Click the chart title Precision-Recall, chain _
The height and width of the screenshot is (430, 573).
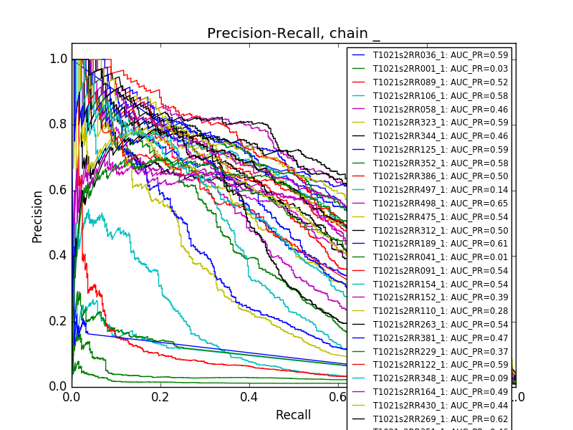(294, 34)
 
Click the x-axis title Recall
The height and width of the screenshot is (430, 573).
(293, 415)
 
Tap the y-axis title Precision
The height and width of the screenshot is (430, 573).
(38, 216)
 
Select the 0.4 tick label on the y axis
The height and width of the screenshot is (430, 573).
(59, 255)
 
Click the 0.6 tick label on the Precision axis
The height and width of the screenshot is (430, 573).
(59, 190)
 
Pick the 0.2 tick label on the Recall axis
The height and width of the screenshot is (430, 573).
(160, 396)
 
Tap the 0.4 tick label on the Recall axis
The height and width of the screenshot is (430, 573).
(249, 396)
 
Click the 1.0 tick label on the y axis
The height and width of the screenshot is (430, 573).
(59, 59)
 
